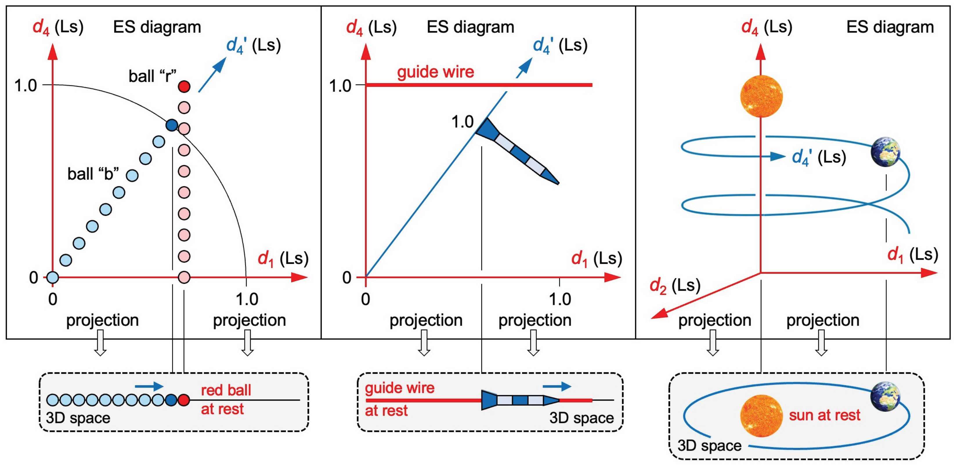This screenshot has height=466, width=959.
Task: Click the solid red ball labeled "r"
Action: [184, 87]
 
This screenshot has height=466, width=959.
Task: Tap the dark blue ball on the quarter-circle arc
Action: [171, 125]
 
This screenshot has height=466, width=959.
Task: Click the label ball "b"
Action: [93, 174]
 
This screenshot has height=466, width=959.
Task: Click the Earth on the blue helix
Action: [886, 151]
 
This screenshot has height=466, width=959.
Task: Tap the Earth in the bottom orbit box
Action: [885, 396]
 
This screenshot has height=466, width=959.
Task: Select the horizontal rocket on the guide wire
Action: [520, 400]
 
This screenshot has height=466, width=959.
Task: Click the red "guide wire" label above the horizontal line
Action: [436, 72]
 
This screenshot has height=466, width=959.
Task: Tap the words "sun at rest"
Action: [824, 415]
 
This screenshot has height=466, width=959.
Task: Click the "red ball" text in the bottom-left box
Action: [226, 390]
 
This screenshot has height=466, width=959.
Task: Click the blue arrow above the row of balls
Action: [149, 386]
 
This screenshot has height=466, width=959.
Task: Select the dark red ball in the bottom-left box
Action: [184, 400]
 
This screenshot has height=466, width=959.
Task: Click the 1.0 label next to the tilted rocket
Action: [462, 122]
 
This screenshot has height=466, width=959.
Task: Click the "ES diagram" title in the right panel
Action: [890, 27]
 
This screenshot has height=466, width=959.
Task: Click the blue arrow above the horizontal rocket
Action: [557, 386]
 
